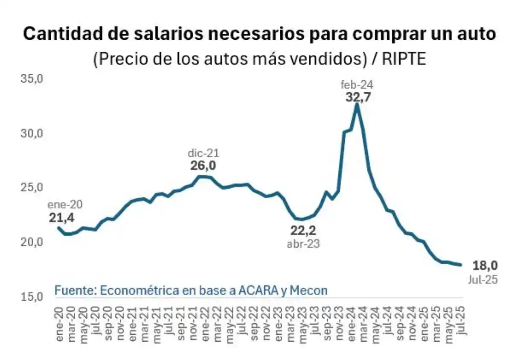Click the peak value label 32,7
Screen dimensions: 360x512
point(358,97)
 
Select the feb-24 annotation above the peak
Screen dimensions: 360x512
point(357,85)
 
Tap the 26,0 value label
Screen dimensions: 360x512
point(203,166)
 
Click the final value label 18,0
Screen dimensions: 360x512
point(485,266)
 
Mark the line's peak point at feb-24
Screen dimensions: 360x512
point(357,105)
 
